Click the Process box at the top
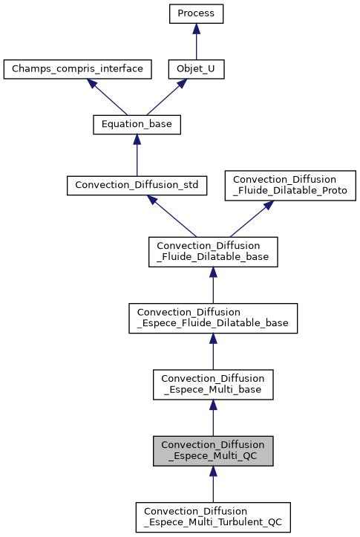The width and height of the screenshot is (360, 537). coord(196,13)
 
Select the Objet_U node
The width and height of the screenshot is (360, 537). coord(196,70)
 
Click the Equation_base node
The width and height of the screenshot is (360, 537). coord(137,125)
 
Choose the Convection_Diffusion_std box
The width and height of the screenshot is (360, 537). coord(137,185)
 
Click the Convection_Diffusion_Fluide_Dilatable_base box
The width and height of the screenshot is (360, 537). coord(213,252)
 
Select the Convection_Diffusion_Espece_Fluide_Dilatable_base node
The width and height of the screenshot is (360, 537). coord(213,317)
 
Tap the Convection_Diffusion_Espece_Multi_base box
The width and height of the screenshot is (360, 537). coord(213,383)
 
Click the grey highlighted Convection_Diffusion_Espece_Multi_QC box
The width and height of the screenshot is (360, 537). coord(213,451)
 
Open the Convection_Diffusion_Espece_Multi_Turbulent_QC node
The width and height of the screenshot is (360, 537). coord(213,517)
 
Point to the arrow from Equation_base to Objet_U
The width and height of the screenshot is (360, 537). coord(168,97)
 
